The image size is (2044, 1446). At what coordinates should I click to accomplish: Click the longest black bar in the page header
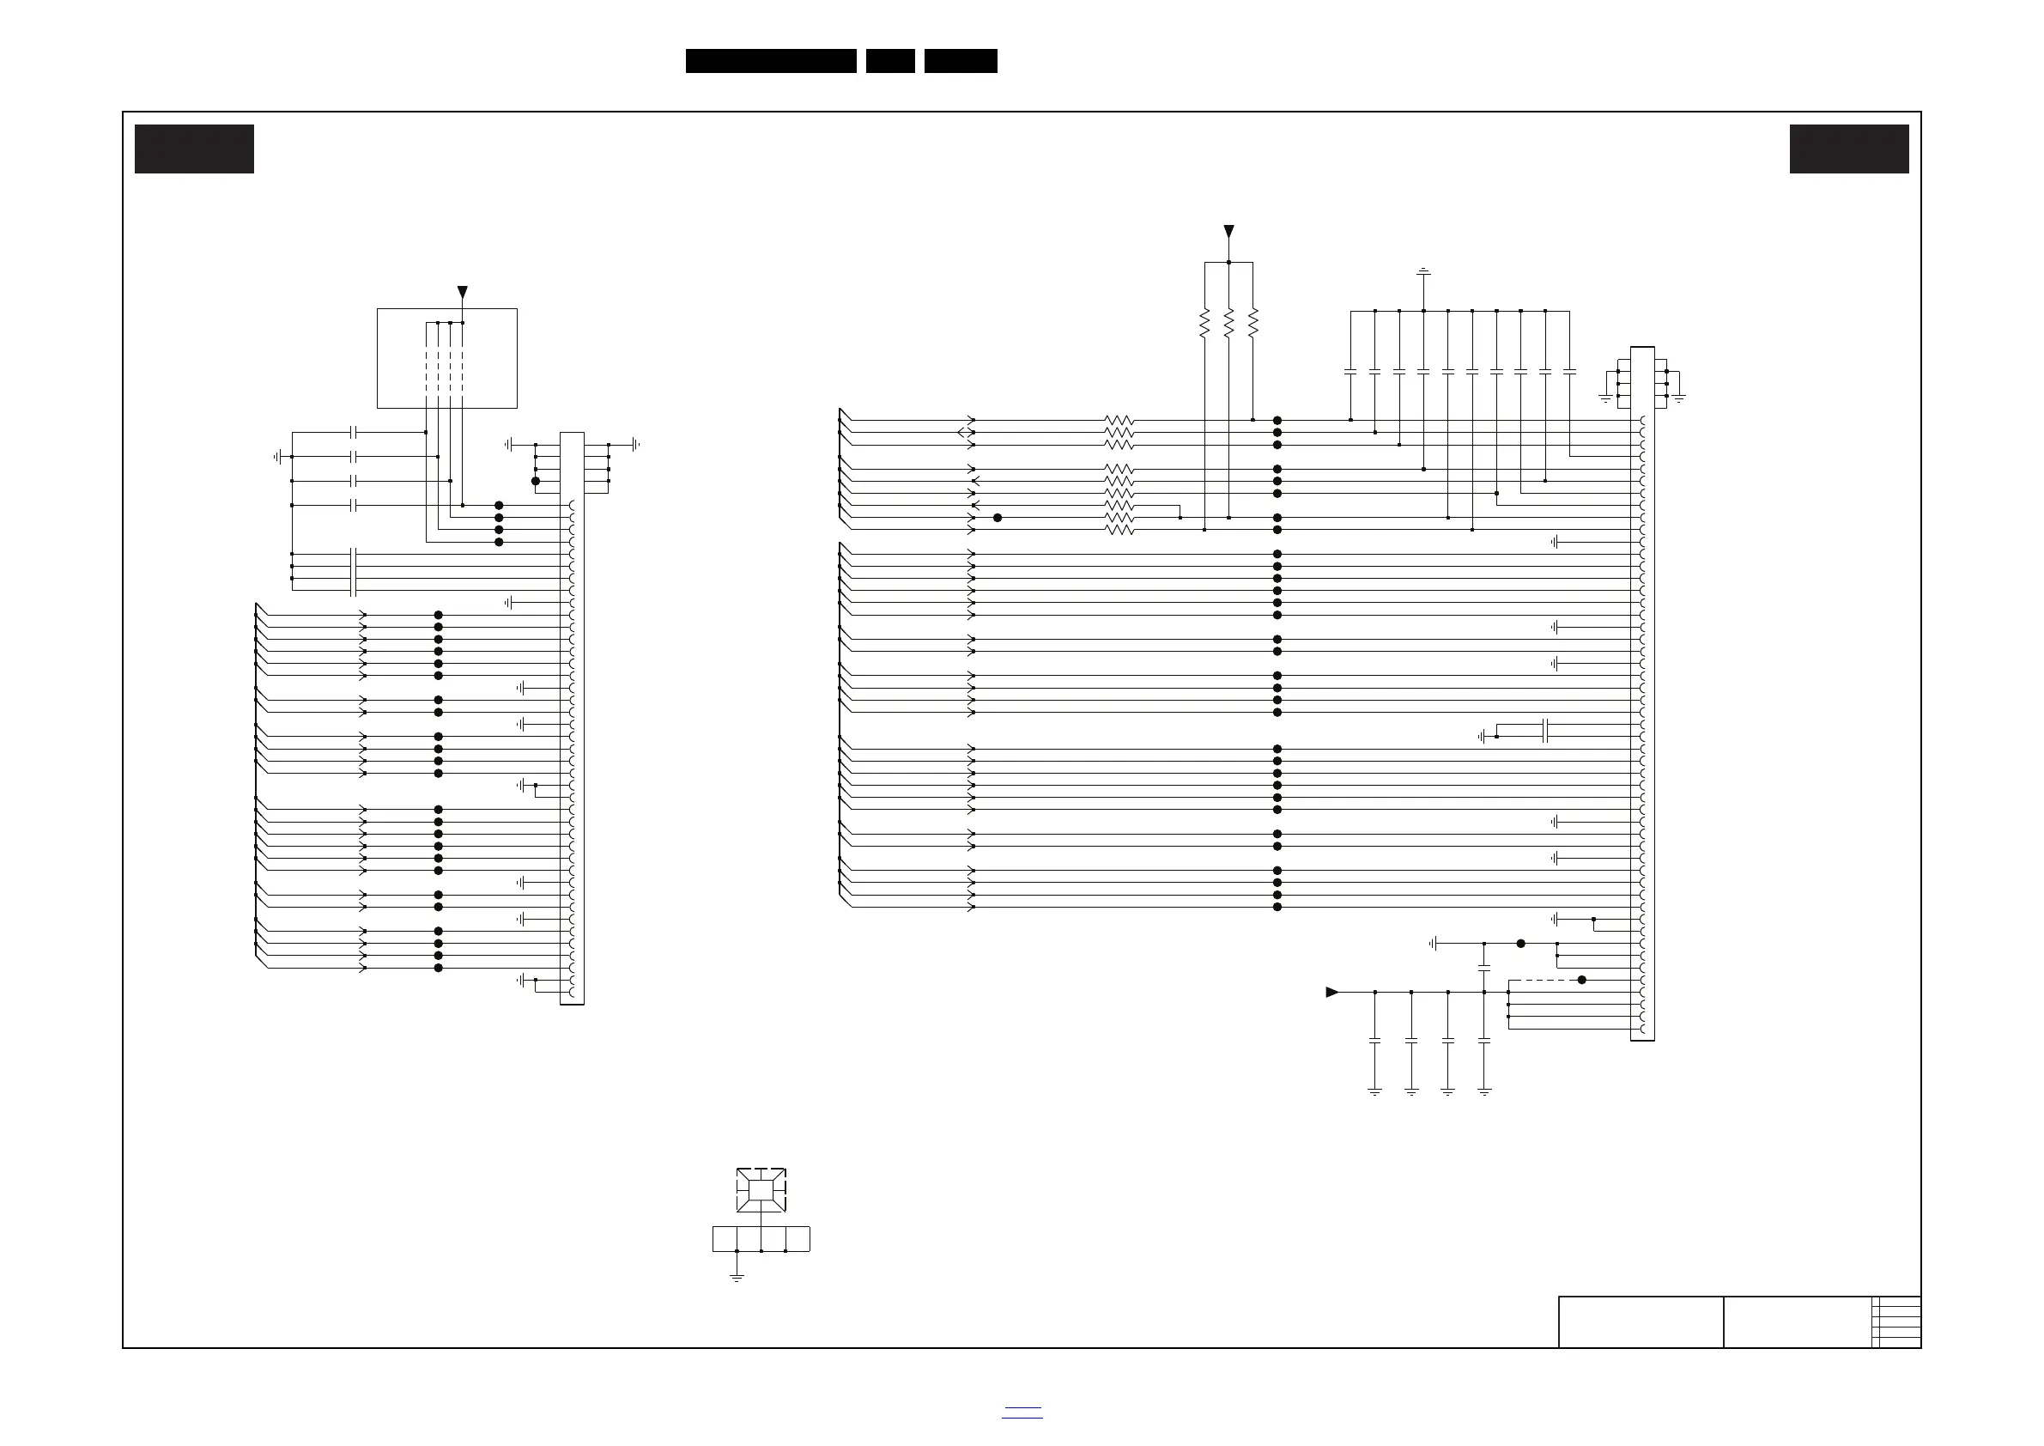[771, 61]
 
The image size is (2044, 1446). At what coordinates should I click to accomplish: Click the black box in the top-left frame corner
[194, 149]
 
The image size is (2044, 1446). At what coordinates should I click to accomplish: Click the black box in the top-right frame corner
[1849, 149]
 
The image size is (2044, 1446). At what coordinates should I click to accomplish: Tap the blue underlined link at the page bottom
[1022, 1413]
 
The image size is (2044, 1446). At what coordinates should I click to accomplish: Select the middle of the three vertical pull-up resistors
[1228, 323]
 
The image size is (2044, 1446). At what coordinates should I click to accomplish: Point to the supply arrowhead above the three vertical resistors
[1228, 232]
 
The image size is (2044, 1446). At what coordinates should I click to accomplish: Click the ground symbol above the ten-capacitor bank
[1423, 270]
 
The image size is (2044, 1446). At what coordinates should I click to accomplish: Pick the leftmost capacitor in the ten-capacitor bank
[1350, 371]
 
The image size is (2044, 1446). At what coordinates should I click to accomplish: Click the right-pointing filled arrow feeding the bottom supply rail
[1331, 992]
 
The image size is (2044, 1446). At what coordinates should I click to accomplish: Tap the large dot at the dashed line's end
[1582, 980]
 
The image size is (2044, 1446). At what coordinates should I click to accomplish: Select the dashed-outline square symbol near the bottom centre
[761, 1190]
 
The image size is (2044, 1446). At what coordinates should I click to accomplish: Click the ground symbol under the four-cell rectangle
[737, 1278]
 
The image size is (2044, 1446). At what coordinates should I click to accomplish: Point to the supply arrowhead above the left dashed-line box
[462, 292]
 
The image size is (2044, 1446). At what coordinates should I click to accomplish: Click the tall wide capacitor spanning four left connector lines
[355, 572]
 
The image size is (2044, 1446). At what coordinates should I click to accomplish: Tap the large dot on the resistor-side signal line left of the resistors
[997, 517]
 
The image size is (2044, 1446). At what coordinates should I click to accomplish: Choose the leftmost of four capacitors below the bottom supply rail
[1374, 1040]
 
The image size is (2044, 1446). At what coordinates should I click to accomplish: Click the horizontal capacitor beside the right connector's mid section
[1546, 731]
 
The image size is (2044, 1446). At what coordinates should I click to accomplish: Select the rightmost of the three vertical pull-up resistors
[1252, 323]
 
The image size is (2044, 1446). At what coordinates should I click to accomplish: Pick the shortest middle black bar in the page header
[890, 61]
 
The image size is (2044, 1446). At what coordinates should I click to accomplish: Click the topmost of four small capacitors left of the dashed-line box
[355, 432]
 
